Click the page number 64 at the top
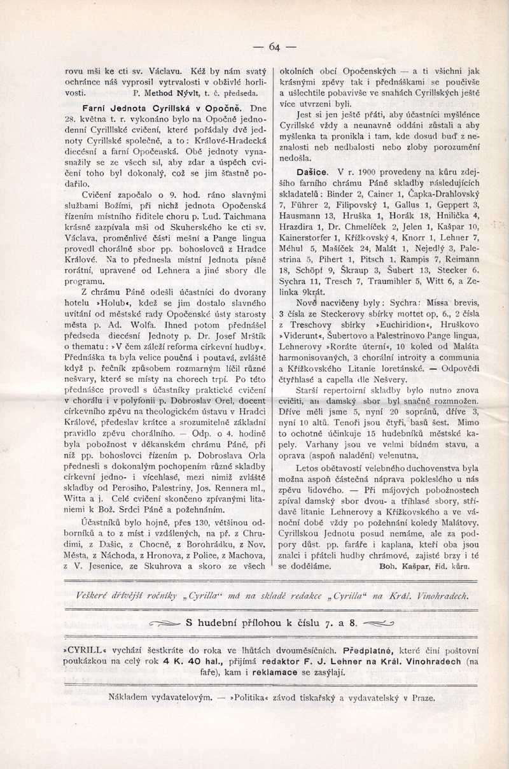[275, 46]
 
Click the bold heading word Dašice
[312, 172]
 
